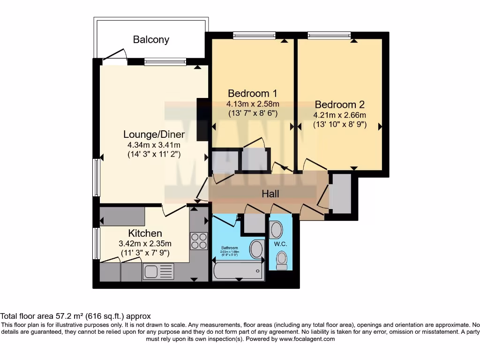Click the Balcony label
[x=151, y=39]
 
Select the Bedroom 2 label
[x=339, y=105]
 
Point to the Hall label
[x=270, y=193]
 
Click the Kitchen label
[x=145, y=233]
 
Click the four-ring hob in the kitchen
[x=199, y=240]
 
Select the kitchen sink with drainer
[x=158, y=271]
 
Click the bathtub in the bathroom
[x=238, y=270]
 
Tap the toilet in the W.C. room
[x=282, y=260]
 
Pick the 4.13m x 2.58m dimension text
[x=253, y=104]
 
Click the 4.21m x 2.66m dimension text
[x=339, y=115]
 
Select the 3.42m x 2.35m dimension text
[x=145, y=243]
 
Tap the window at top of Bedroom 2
[x=329, y=35]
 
